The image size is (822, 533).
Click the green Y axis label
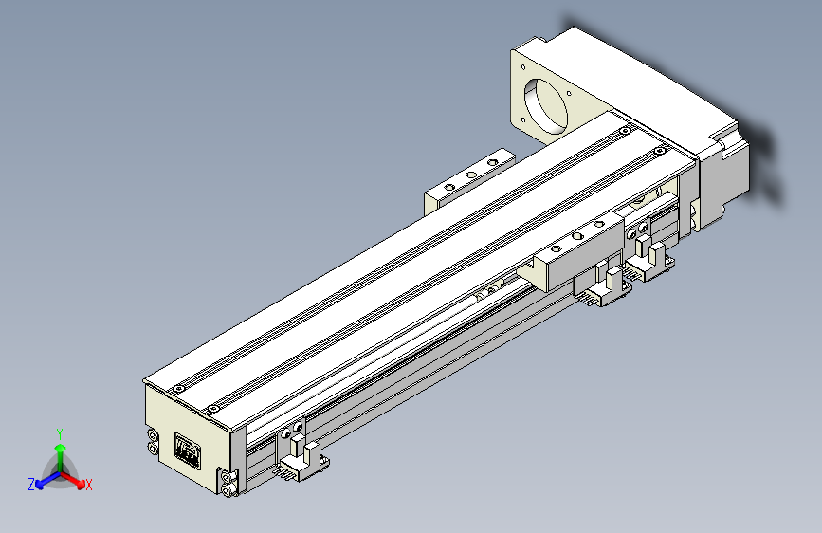[60, 432]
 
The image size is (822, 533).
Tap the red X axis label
[89, 486]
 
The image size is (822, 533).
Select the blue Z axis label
[30, 485]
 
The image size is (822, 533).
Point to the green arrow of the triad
[60, 451]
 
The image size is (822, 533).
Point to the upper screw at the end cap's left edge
[153, 434]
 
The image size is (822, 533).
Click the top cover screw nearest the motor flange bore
[623, 130]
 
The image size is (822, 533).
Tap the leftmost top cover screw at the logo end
[175, 390]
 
